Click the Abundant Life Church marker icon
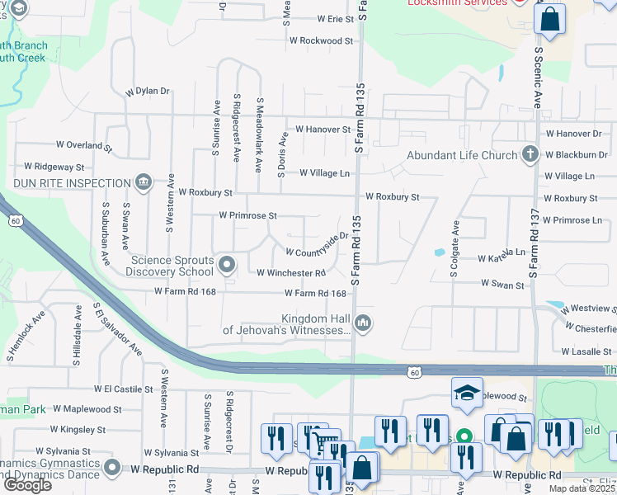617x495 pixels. point(530,154)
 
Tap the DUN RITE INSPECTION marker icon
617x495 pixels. point(143,181)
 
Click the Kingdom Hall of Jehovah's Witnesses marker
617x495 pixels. point(363,323)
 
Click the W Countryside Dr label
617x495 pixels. point(312,245)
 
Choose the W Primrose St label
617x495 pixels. point(247,215)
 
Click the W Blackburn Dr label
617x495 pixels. point(575,154)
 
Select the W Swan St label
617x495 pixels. point(503,285)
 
